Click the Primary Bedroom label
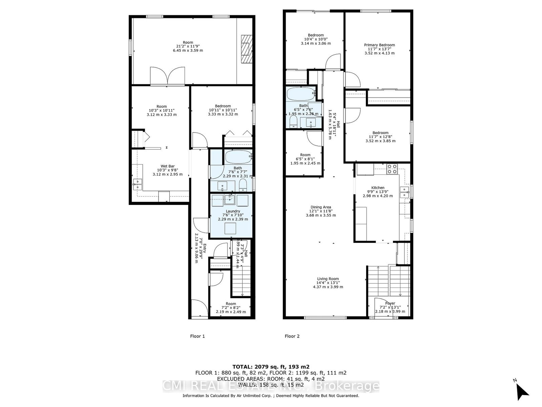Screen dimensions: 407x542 click(379, 45)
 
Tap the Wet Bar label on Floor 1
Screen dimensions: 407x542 click(168, 166)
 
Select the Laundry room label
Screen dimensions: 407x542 click(233, 211)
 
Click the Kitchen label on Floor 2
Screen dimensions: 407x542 click(378, 188)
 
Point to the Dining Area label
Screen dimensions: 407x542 click(321, 207)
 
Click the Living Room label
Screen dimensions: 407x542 click(328, 279)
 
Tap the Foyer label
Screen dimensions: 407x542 click(390, 303)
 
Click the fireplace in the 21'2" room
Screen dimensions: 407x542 click(247, 49)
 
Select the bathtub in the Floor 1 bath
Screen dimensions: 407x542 click(238, 157)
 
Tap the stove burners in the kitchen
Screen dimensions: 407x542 click(392, 169)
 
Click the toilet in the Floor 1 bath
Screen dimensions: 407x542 click(243, 185)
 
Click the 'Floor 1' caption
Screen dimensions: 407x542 click(197, 336)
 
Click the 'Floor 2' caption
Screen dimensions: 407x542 click(292, 336)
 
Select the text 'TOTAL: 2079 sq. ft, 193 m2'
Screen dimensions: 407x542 click(271, 367)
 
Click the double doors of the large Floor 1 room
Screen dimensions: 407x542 click(167, 76)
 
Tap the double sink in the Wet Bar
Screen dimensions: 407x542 click(137, 184)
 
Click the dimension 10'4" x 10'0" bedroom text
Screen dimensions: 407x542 click(316, 39)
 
